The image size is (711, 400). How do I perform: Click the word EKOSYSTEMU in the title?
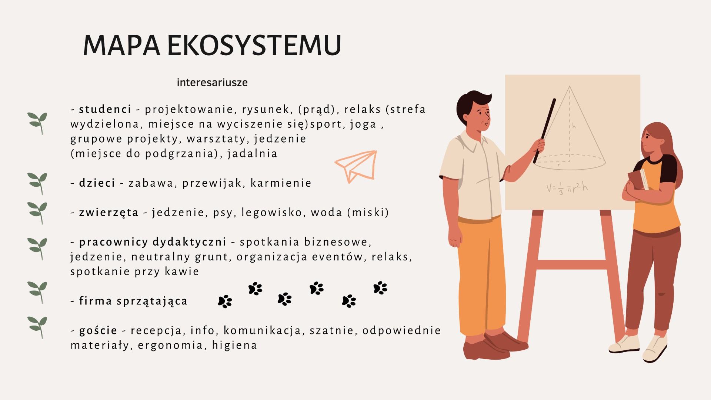[254, 46]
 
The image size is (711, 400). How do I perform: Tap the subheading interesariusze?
[212, 82]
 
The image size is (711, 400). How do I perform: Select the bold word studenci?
[105, 109]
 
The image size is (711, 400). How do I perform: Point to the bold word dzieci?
[97, 183]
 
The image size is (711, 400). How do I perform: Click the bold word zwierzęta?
[109, 213]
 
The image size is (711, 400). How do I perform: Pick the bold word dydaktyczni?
[189, 242]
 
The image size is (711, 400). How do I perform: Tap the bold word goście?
[98, 331]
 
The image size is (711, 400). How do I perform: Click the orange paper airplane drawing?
[356, 166]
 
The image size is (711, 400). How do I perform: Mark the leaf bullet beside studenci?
[37, 123]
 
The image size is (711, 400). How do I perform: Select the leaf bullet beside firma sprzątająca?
[37, 293]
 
